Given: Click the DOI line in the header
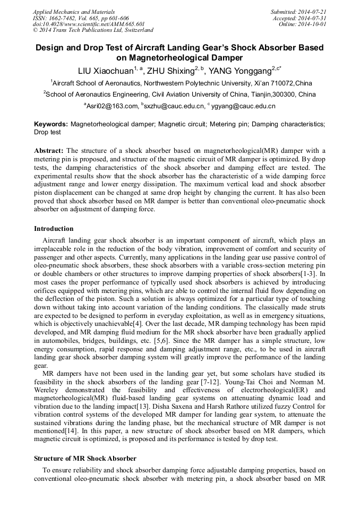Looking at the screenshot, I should click(89, 24).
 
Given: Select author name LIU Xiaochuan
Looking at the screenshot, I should click(105, 71).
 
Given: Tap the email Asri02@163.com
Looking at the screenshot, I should click(112, 106).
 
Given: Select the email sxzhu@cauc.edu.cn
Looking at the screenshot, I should click(175, 106).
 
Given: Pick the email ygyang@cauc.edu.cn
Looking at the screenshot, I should click(243, 106).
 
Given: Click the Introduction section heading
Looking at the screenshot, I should click(54, 229).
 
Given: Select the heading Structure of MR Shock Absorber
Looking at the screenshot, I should click(85, 458).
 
